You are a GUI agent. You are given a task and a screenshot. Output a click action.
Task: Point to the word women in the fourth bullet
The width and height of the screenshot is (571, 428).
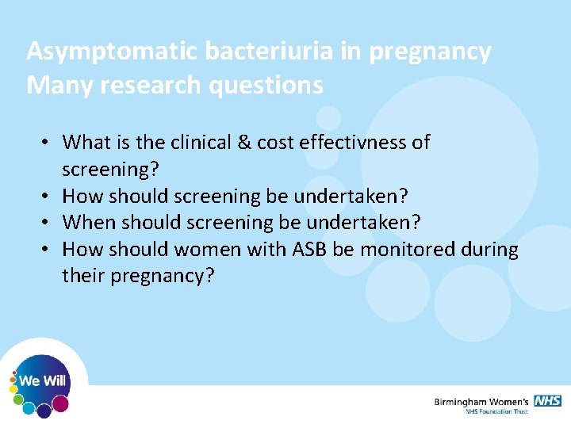click(x=205, y=250)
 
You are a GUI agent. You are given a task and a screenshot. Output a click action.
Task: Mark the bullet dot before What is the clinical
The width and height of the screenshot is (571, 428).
click(x=48, y=143)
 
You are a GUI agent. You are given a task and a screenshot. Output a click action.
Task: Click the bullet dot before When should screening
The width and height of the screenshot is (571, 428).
click(x=48, y=223)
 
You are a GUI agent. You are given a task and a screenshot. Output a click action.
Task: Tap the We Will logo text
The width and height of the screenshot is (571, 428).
click(x=42, y=381)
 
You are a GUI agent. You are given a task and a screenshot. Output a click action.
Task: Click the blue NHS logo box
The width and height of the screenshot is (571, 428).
click(x=547, y=401)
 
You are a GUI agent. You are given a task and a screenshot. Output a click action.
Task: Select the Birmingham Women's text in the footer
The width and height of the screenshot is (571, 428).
click(x=481, y=402)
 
